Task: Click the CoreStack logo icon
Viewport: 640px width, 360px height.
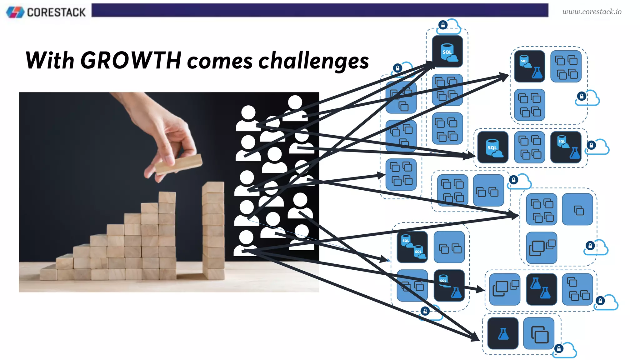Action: click(x=15, y=12)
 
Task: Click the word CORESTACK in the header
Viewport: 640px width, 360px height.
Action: click(x=56, y=12)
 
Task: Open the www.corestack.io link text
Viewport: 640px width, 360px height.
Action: click(x=592, y=12)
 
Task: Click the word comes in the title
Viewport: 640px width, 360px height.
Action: click(x=220, y=62)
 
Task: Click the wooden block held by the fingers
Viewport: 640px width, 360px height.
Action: click(x=178, y=164)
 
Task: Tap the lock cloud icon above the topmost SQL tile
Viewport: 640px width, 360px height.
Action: click(x=449, y=26)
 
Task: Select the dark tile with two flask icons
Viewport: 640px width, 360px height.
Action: click(x=542, y=289)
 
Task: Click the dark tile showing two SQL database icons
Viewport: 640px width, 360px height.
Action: click(x=412, y=247)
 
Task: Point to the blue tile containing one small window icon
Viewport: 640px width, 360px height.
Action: click(x=577, y=209)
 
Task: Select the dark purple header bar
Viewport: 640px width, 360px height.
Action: click(x=320, y=10)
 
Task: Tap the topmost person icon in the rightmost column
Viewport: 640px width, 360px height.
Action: click(x=295, y=108)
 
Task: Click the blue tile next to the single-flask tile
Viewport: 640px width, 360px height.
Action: click(x=539, y=333)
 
